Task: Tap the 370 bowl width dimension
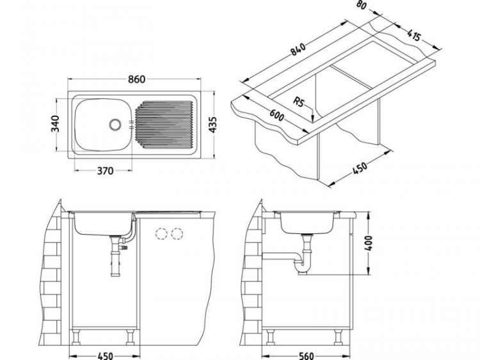click(x=106, y=171)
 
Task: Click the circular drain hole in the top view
click(x=115, y=123)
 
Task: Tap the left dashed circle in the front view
click(x=161, y=234)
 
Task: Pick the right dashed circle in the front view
click(x=177, y=234)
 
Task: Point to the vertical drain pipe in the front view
click(x=116, y=259)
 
